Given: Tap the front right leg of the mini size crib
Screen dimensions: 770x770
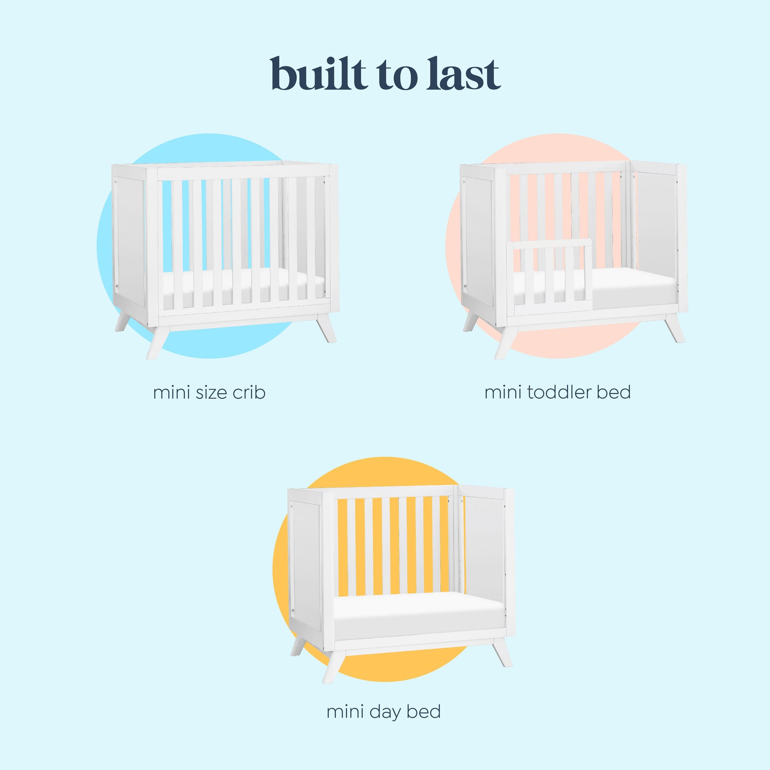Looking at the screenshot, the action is pyautogui.click(x=326, y=327).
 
